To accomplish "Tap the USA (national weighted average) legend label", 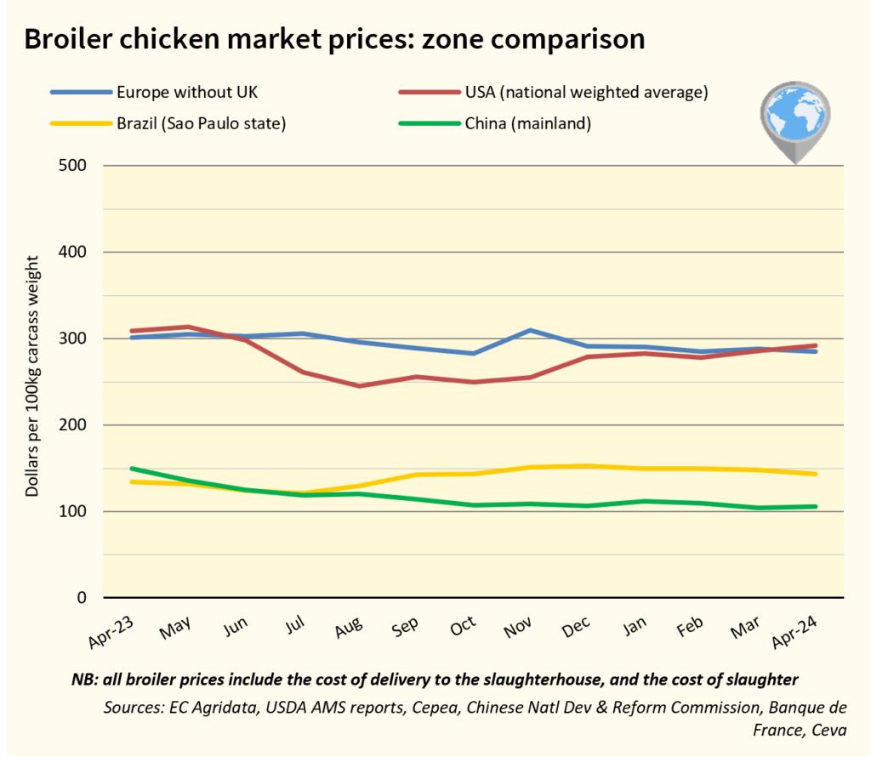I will click(586, 92).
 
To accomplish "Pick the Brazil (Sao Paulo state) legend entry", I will click(201, 124).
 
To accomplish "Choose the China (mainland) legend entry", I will click(527, 124).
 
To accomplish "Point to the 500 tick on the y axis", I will click(73, 165).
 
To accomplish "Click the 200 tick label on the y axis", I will click(73, 425).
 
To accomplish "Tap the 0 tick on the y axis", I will click(82, 598).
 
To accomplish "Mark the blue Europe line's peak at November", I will click(530, 330).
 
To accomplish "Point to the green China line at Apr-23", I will click(131, 469).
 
